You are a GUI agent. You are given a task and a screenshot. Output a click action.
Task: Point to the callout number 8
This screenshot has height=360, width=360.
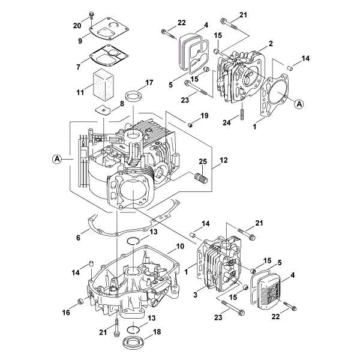[x=122, y=103]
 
